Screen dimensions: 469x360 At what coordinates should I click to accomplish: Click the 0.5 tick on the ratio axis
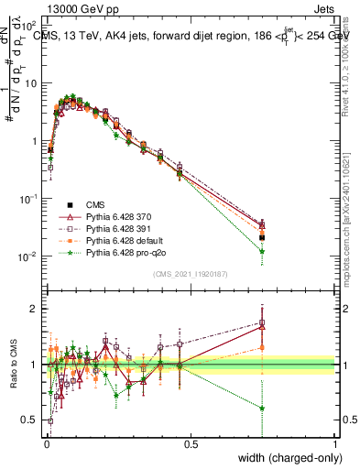(x=29, y=420)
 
